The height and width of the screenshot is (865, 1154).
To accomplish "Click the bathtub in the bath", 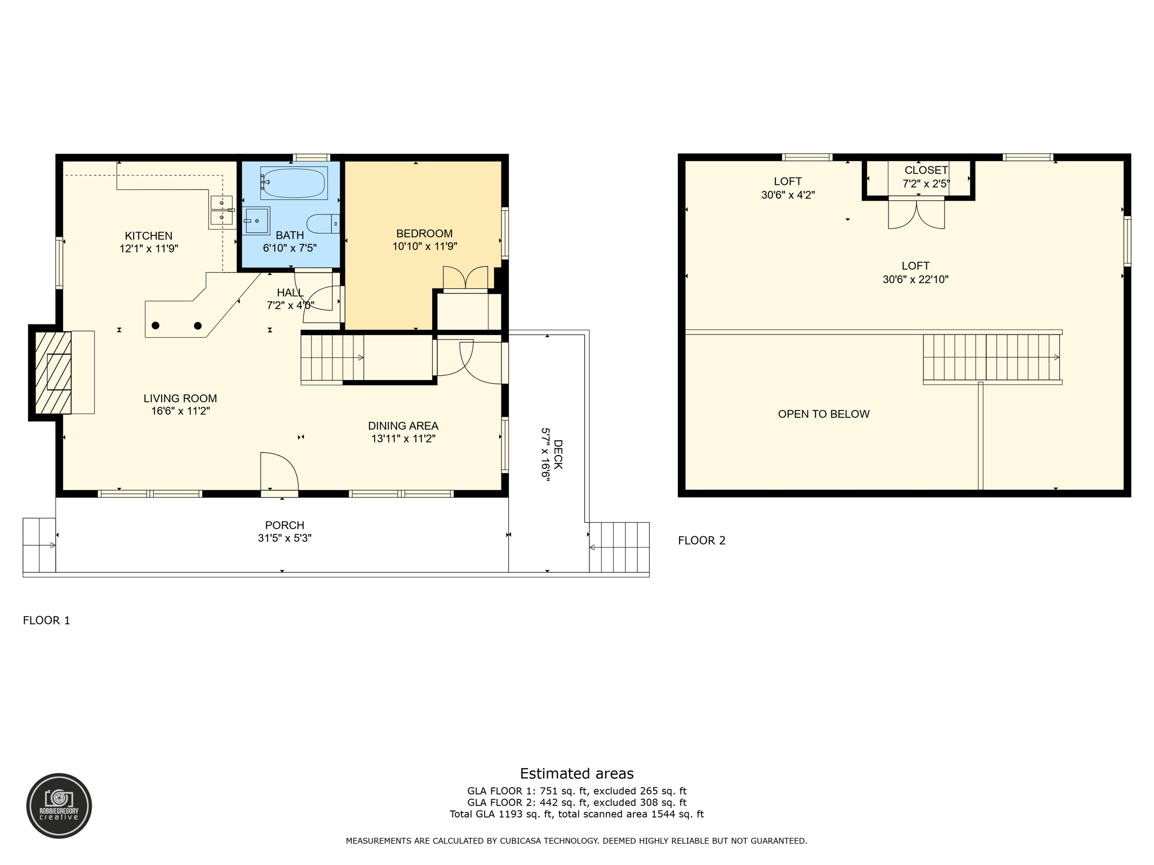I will tap(294, 183).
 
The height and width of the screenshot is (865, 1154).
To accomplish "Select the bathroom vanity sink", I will tap(256, 221).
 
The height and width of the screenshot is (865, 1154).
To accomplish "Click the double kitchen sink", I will tap(221, 210).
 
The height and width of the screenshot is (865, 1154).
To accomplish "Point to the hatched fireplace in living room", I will tap(54, 372).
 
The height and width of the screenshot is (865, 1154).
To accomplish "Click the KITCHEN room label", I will tap(149, 236).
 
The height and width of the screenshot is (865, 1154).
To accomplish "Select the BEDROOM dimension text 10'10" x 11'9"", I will tap(424, 246).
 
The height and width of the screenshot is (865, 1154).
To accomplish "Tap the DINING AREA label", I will tap(403, 426).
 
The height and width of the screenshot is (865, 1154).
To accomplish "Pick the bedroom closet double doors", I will tap(465, 278).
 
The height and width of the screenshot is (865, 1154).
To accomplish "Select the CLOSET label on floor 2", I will tap(926, 170).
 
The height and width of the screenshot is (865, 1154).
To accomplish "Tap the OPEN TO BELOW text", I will tap(823, 414).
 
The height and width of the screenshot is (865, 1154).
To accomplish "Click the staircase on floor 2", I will tap(991, 358).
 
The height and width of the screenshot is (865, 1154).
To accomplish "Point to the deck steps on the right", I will tap(619, 547).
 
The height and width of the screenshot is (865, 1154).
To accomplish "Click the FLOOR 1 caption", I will tap(46, 620).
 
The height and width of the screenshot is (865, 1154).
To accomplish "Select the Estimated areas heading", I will tap(576, 773).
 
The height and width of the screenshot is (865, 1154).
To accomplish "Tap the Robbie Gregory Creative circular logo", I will tap(59, 806).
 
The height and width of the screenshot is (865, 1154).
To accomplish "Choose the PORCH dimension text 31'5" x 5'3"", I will tap(285, 538).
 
